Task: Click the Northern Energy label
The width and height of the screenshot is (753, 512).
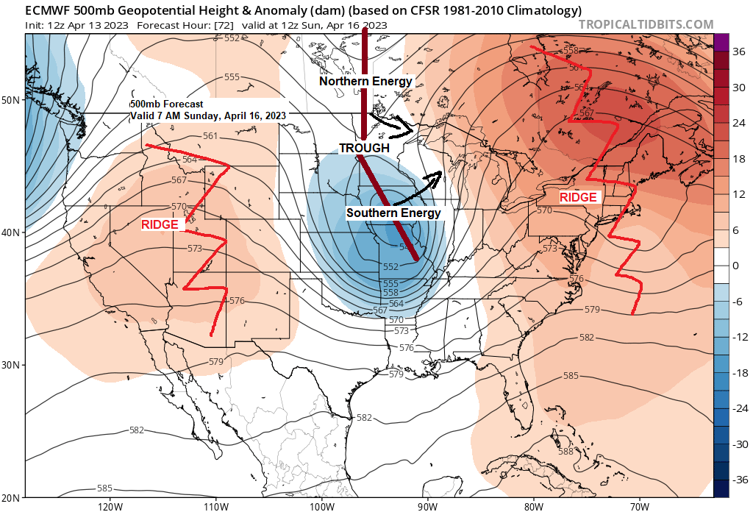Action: [x=365, y=82]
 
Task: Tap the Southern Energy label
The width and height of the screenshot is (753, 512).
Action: [x=393, y=213]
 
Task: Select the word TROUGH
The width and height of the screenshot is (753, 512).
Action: [x=364, y=148]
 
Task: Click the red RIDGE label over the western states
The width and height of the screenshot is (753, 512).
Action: [x=160, y=225]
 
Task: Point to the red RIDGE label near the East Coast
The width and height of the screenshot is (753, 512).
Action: [x=578, y=197]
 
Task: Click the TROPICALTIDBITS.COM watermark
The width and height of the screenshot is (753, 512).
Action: [x=646, y=24]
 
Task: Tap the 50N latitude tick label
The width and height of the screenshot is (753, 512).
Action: [x=12, y=99]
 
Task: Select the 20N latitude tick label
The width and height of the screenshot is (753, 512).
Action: [x=12, y=497]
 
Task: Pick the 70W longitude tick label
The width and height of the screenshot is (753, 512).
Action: [x=639, y=506]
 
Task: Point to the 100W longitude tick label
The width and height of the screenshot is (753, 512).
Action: [x=321, y=506]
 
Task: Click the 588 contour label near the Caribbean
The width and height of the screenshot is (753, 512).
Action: [x=565, y=452]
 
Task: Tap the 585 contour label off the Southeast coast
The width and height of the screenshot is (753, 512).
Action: [x=571, y=376]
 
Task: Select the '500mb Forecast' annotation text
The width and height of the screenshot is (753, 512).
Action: [x=168, y=104]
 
